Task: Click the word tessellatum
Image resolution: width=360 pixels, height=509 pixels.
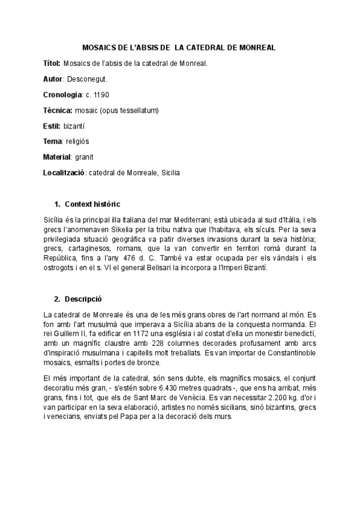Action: (140, 110)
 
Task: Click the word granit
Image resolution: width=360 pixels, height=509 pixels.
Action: (85, 157)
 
